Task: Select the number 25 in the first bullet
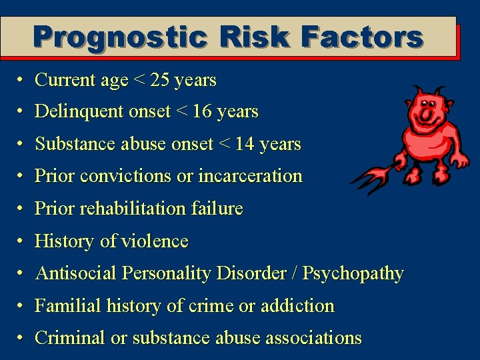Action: (x=160, y=81)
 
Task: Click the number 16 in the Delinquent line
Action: (x=202, y=112)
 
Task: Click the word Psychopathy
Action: (x=353, y=274)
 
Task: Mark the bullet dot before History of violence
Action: (x=22, y=241)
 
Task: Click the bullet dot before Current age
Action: (x=22, y=81)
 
